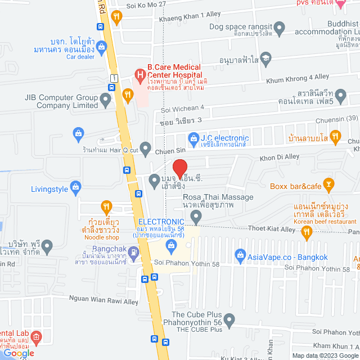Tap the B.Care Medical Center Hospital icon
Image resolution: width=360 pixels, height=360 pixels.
coord(138,74)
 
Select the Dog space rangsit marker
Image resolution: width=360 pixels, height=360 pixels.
coord(280,27)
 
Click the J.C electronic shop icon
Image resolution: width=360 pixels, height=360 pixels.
coord(193,138)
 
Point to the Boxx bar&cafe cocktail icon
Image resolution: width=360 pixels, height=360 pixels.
coord(330,183)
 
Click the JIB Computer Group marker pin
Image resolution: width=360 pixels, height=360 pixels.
coord(105,101)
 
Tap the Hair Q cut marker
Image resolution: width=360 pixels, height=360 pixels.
coord(146,149)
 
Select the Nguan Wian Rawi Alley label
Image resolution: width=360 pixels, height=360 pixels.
coord(103,301)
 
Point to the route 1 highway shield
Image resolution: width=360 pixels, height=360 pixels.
coord(114,77)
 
